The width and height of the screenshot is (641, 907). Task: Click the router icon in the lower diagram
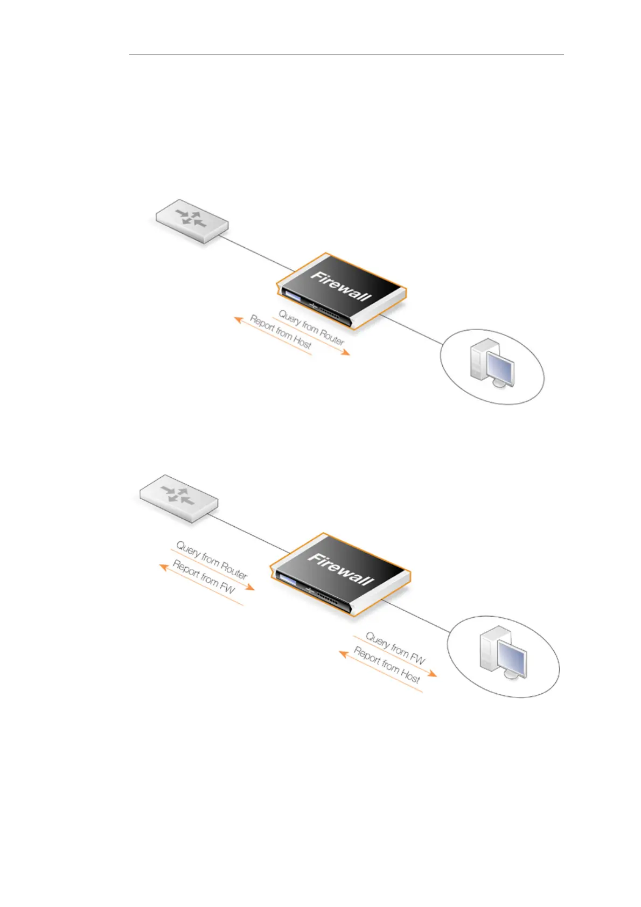[x=178, y=498]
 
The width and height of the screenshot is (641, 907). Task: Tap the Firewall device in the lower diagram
[x=339, y=574]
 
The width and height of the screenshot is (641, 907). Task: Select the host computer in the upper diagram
[x=492, y=362]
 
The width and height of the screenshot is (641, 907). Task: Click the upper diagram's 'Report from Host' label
[x=281, y=332]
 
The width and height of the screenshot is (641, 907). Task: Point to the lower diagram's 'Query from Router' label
[x=212, y=560]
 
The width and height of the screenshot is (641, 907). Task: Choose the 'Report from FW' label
[x=204, y=577]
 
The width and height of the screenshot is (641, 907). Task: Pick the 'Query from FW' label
[x=395, y=648]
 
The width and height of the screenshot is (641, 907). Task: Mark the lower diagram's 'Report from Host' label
[x=387, y=665]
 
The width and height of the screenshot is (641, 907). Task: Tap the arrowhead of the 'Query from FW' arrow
[x=433, y=674]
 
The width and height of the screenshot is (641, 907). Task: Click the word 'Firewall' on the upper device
[x=341, y=285]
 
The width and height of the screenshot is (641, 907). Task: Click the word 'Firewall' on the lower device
[x=340, y=569]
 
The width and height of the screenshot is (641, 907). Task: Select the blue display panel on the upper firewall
[x=292, y=297]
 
